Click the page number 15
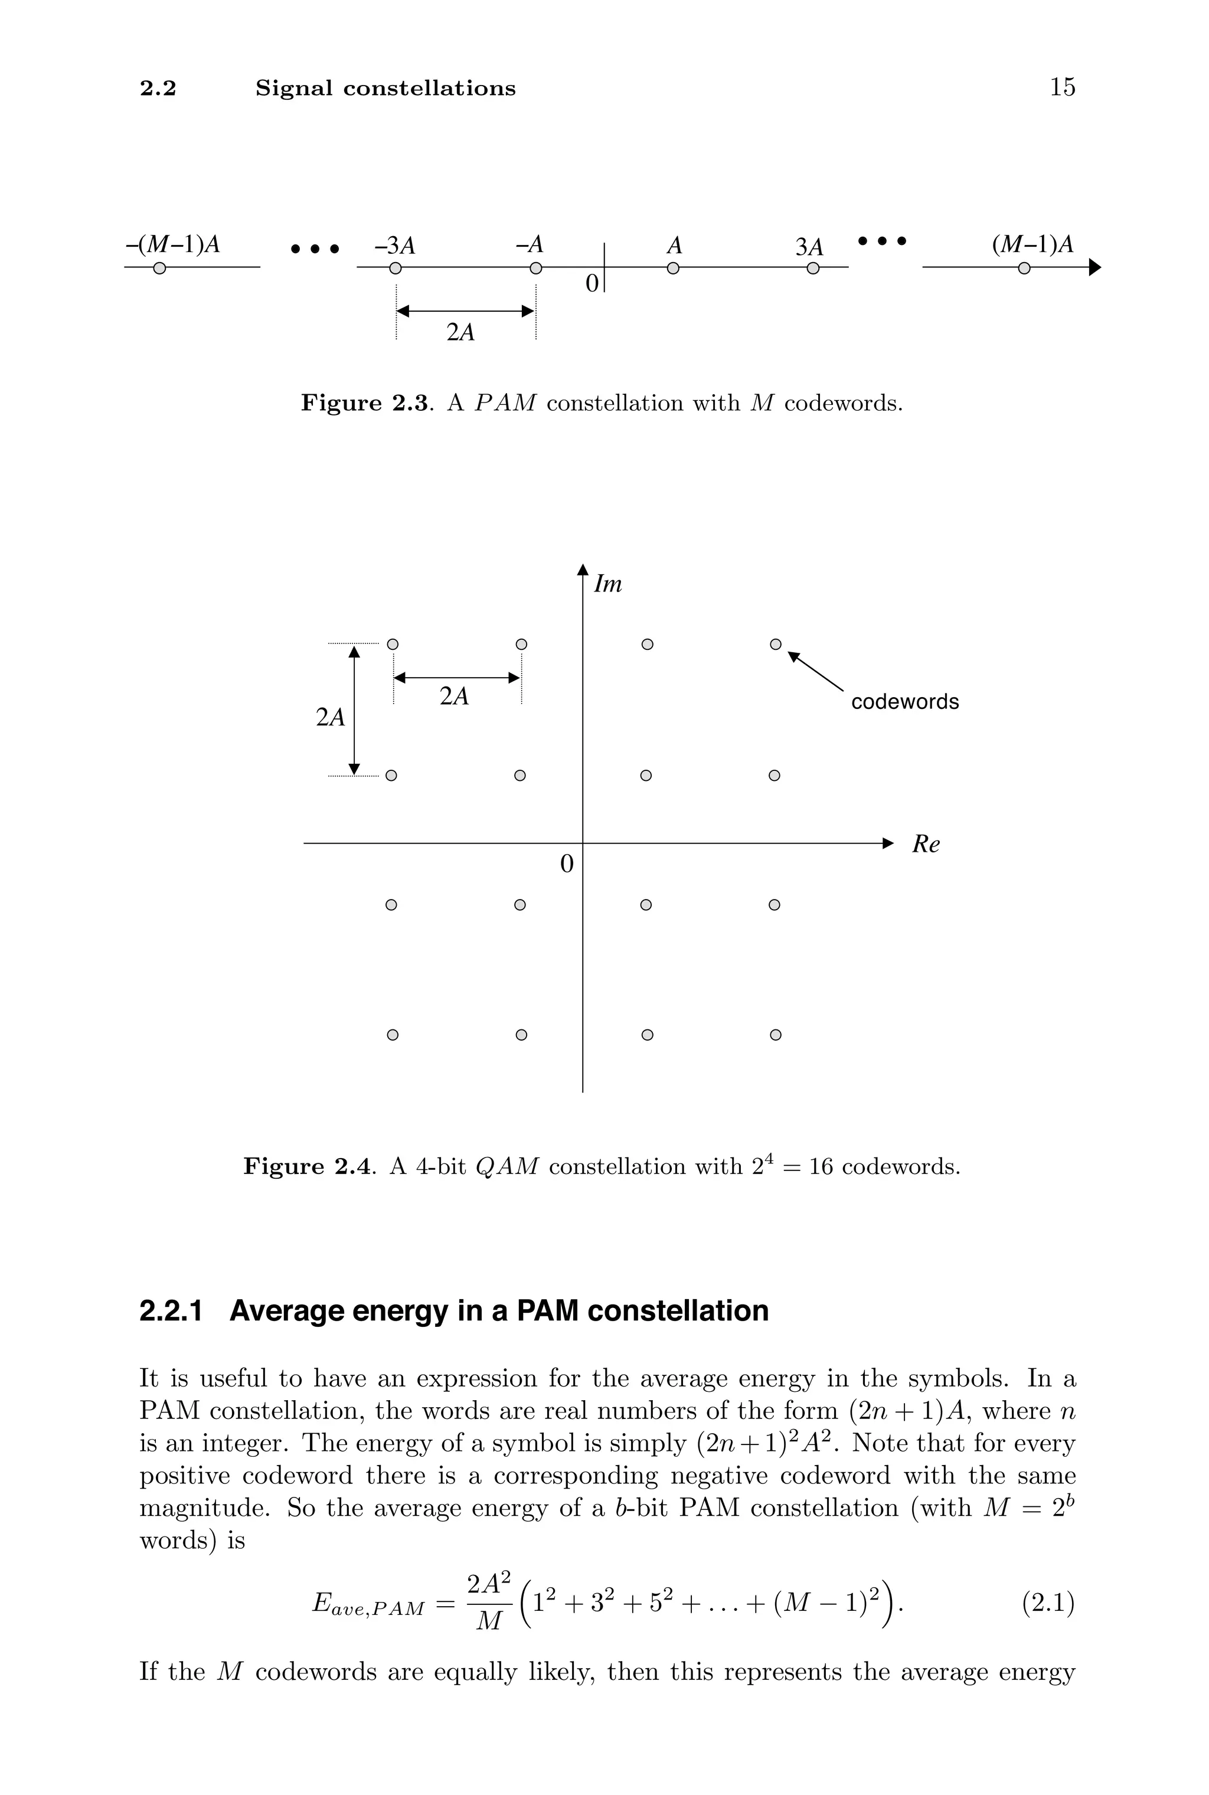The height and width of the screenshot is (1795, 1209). click(1062, 87)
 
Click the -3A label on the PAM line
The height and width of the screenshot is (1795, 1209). click(395, 246)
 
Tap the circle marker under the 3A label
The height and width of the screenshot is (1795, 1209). click(812, 268)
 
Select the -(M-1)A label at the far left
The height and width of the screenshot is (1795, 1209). click(173, 244)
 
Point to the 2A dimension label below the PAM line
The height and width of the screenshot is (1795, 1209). click(460, 332)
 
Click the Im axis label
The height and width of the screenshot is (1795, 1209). click(607, 585)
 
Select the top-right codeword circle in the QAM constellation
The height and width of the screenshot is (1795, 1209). click(776, 645)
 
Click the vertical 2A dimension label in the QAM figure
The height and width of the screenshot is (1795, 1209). click(330, 718)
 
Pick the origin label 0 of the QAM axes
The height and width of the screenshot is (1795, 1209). click(567, 865)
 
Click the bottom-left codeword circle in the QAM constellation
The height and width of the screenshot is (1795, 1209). click(392, 1035)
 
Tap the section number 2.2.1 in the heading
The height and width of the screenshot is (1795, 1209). click(171, 1311)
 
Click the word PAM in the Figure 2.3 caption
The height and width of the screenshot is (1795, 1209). click(505, 403)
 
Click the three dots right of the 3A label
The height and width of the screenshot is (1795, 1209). click(882, 241)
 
